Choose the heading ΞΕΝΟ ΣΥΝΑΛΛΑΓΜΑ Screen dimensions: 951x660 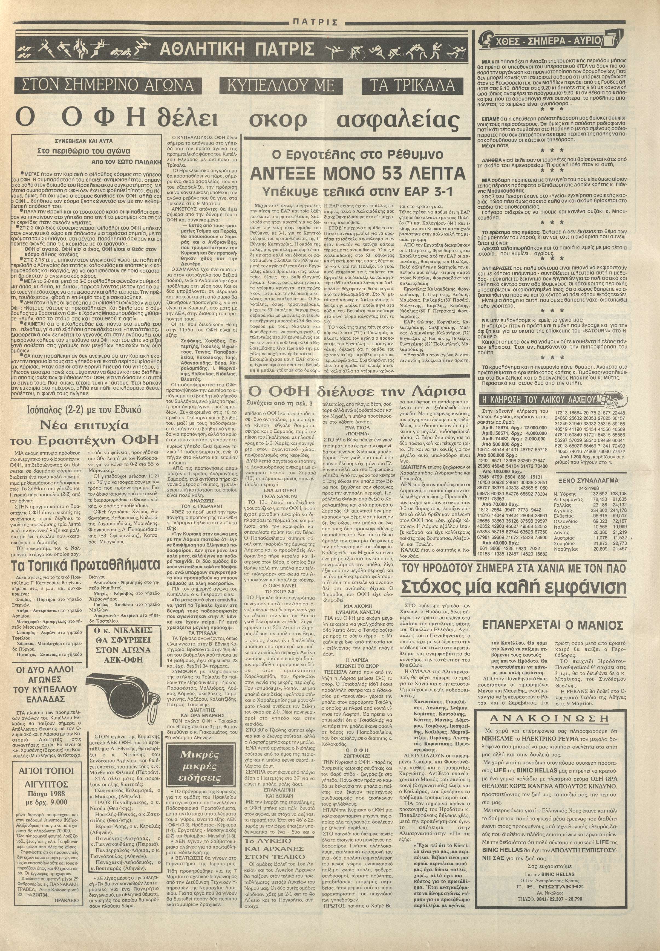[x=589, y=480]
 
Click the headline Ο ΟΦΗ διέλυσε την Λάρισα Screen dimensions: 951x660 [x=356, y=391]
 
